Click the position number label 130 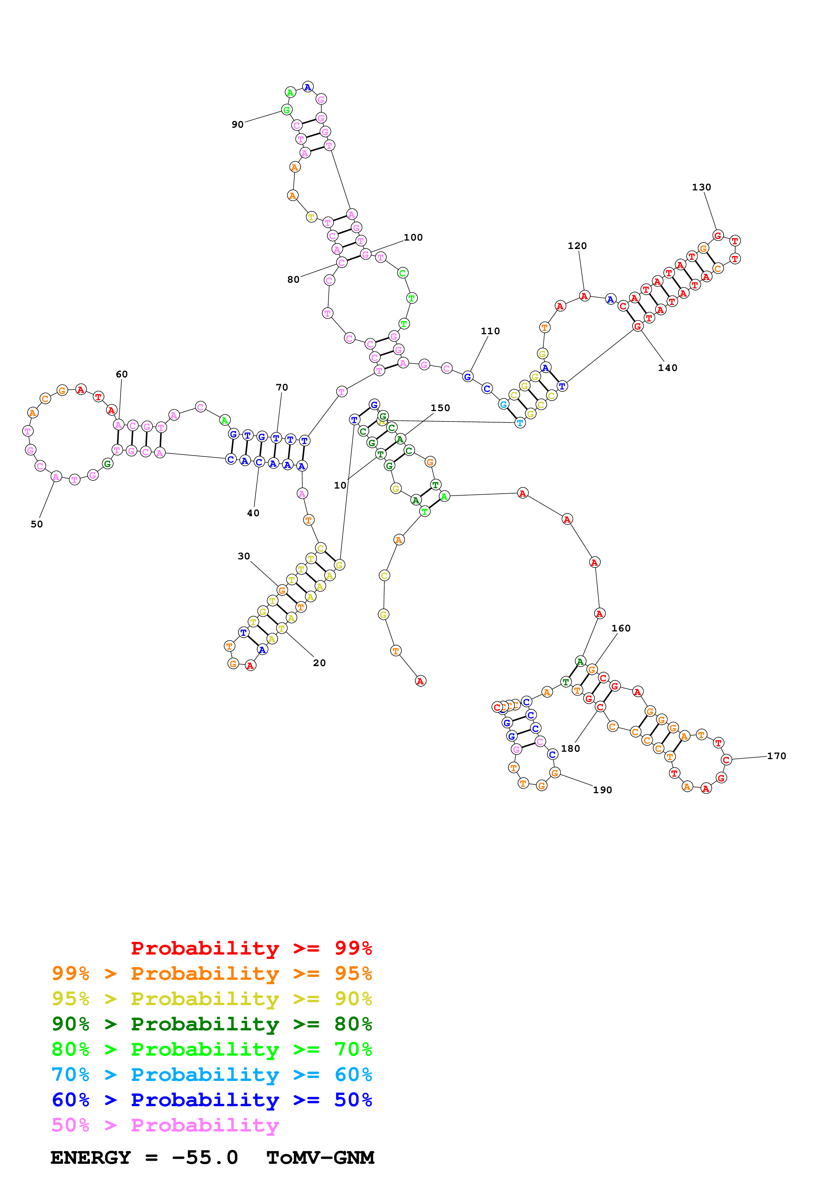(x=701, y=187)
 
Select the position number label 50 (x=36, y=524)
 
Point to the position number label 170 (x=776, y=756)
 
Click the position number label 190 (x=603, y=790)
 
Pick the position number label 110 (x=490, y=331)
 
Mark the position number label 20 (x=319, y=663)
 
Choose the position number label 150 (x=440, y=408)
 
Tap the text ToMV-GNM (x=320, y=1157)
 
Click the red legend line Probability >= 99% (x=251, y=948)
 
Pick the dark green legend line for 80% (x=212, y=1024)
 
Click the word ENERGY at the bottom (x=91, y=1157)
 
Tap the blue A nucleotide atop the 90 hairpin (x=308, y=87)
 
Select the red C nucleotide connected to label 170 (x=726, y=759)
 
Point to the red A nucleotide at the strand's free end (x=420, y=681)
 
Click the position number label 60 (x=121, y=374)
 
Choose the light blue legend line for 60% (x=212, y=1075)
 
